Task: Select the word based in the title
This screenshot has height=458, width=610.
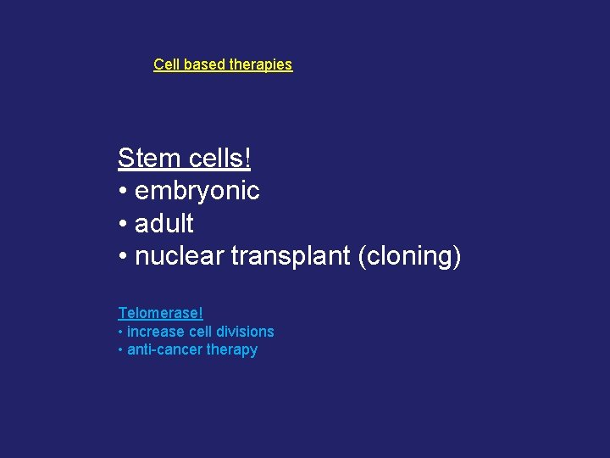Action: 202,64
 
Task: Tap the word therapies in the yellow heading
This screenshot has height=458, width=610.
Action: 261,64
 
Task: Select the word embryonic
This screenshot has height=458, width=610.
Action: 197,192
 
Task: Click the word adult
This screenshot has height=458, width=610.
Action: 164,224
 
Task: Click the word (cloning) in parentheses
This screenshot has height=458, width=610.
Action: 410,256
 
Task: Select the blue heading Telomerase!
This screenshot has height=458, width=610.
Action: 161,314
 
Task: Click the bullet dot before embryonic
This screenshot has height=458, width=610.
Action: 124,193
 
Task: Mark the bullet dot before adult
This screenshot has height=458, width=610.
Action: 124,225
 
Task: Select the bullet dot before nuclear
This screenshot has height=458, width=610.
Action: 124,257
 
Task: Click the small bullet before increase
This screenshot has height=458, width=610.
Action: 121,332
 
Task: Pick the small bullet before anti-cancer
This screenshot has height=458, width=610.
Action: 121,350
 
